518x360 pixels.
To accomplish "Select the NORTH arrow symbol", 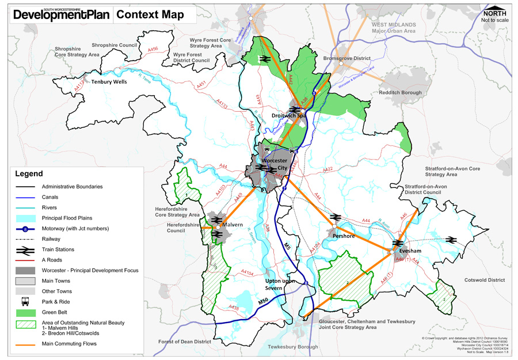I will tap(495, 13).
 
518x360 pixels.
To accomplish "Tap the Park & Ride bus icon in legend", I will tap(24, 302).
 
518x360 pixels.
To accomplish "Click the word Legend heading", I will tap(29, 173).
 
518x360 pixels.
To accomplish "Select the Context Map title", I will tap(150, 15).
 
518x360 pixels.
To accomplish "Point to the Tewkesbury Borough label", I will tap(292, 347).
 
